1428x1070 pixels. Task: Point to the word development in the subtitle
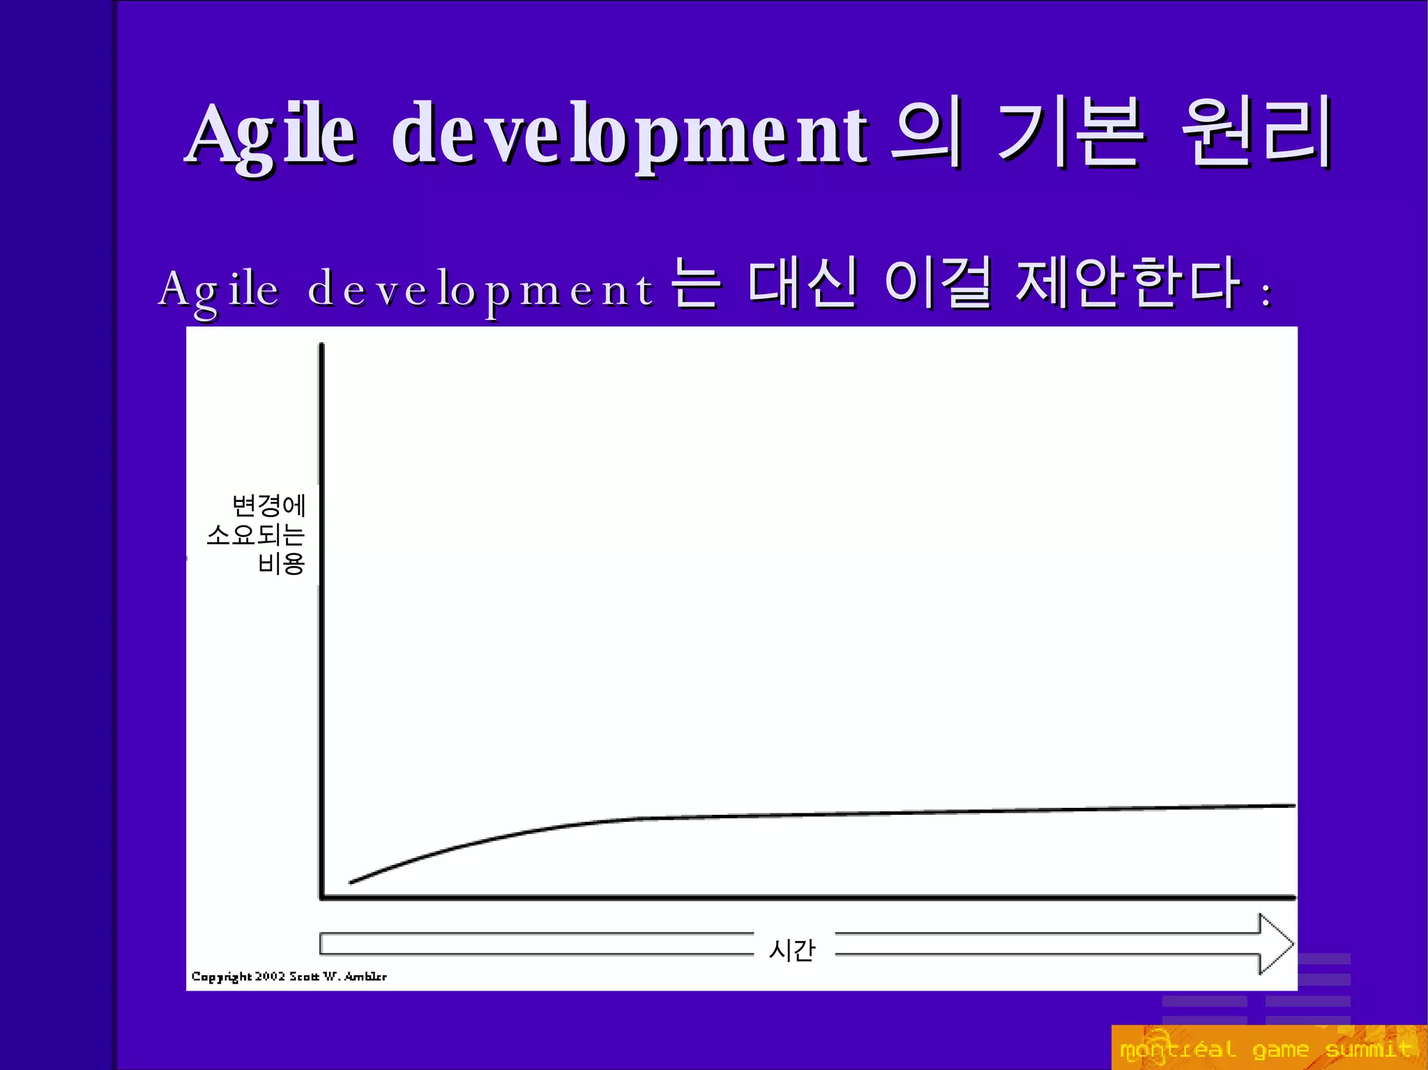point(481,290)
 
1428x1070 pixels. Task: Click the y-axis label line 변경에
point(269,505)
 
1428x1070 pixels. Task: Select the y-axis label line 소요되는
point(256,535)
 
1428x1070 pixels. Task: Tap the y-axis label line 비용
point(281,563)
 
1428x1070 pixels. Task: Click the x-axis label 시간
point(792,949)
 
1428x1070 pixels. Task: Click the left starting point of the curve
point(351,882)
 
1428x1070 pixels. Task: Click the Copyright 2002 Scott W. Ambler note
point(289,977)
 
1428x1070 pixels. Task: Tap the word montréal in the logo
point(1177,1049)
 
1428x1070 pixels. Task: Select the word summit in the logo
point(1368,1049)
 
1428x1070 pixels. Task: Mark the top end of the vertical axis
point(321,344)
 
